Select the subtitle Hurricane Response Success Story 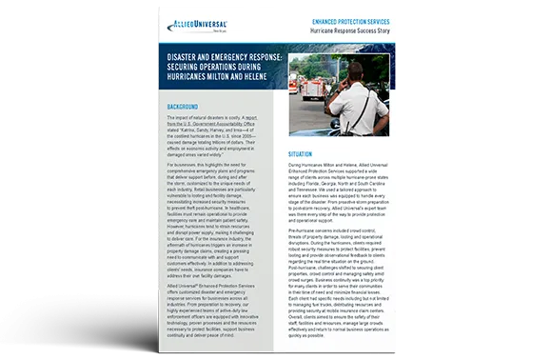(359, 31)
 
